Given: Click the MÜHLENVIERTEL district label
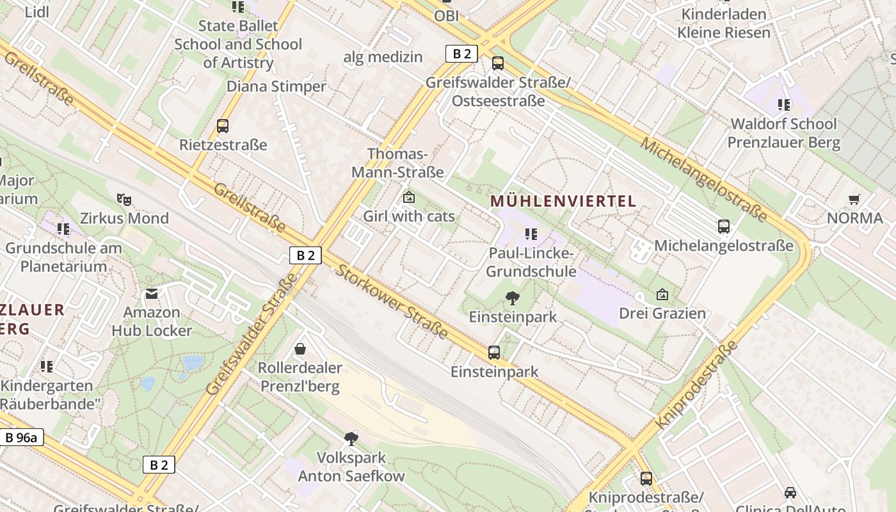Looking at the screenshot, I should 563,201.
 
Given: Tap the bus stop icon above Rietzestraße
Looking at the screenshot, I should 223,126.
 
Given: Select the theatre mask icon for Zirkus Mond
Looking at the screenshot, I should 124,200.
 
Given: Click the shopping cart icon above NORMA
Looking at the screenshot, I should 854,200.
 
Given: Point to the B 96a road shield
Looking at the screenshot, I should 22,438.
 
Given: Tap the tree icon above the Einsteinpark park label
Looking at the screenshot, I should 512,298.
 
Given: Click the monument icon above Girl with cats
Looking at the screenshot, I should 408,198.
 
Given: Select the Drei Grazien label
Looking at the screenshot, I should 662,314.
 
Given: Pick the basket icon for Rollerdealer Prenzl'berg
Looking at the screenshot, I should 300,349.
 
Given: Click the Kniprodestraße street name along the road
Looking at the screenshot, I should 697,386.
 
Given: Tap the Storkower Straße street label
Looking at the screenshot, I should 392,301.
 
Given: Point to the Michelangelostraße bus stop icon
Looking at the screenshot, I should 723,227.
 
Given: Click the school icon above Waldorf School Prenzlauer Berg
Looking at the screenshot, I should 783,104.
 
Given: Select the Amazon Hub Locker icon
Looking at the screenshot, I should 152,294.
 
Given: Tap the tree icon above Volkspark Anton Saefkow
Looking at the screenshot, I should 351,439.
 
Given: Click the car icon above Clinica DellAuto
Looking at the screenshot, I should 790,492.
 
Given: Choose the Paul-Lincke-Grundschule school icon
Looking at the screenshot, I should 531,234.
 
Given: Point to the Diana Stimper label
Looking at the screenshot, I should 276,86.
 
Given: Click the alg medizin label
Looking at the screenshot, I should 383,57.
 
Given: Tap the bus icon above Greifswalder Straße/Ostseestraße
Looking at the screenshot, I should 497,63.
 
